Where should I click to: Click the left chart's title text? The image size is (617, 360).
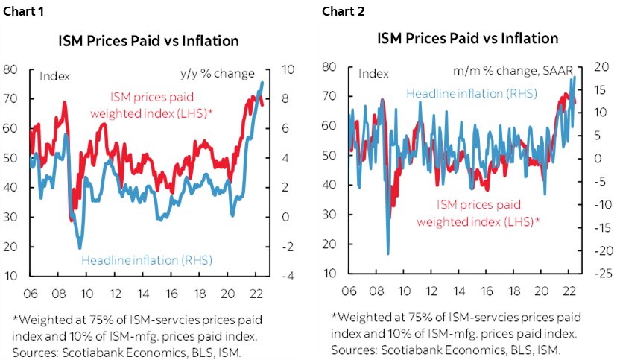[148, 40]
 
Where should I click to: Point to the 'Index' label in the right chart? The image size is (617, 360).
[373, 73]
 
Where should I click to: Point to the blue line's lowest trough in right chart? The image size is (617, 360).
[388, 254]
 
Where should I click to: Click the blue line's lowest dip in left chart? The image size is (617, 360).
[80, 247]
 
